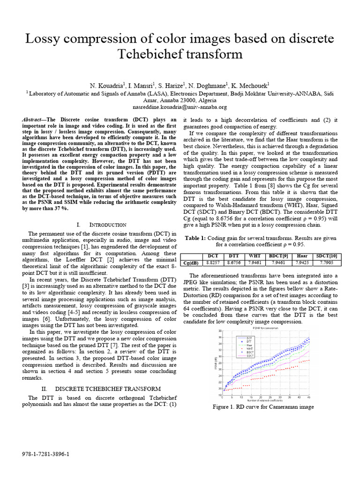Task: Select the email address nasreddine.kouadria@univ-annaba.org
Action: pos(180,107)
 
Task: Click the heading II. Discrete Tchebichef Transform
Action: pos(101,389)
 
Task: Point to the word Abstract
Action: pos(32,120)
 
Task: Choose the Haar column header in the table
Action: pos(301,256)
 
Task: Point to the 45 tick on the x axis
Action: pos(308,397)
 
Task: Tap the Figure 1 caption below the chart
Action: pos(262,407)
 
